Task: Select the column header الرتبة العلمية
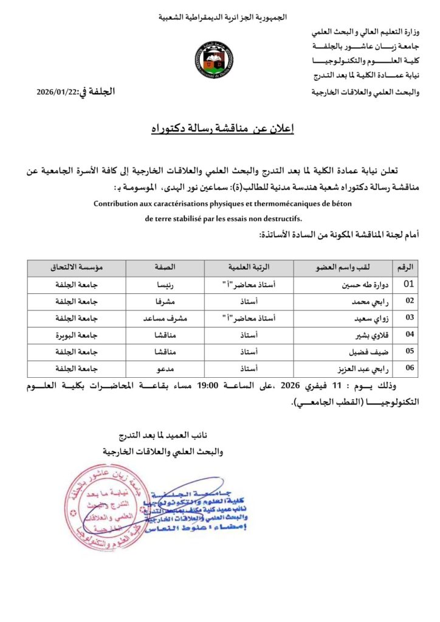pos(249,267)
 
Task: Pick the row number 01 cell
pos(408,283)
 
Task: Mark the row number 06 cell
pos(408,368)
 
